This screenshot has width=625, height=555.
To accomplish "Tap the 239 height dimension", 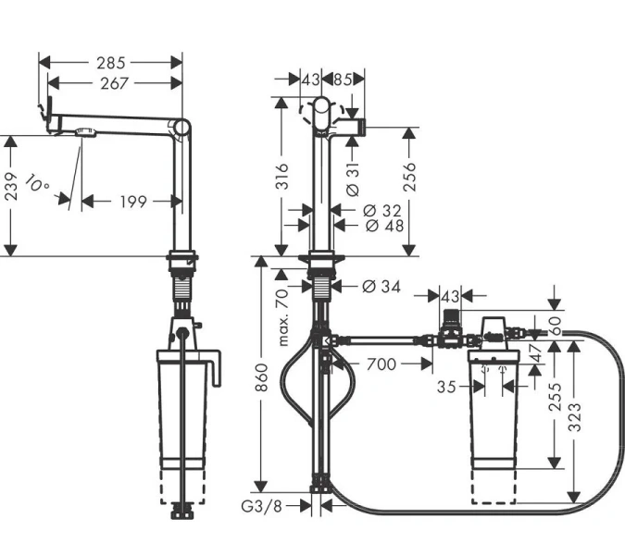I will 10,195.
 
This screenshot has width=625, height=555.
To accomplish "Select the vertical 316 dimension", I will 283,179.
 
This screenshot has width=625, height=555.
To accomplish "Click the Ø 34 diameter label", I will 376,287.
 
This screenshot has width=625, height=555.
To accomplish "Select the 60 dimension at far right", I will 555,327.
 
